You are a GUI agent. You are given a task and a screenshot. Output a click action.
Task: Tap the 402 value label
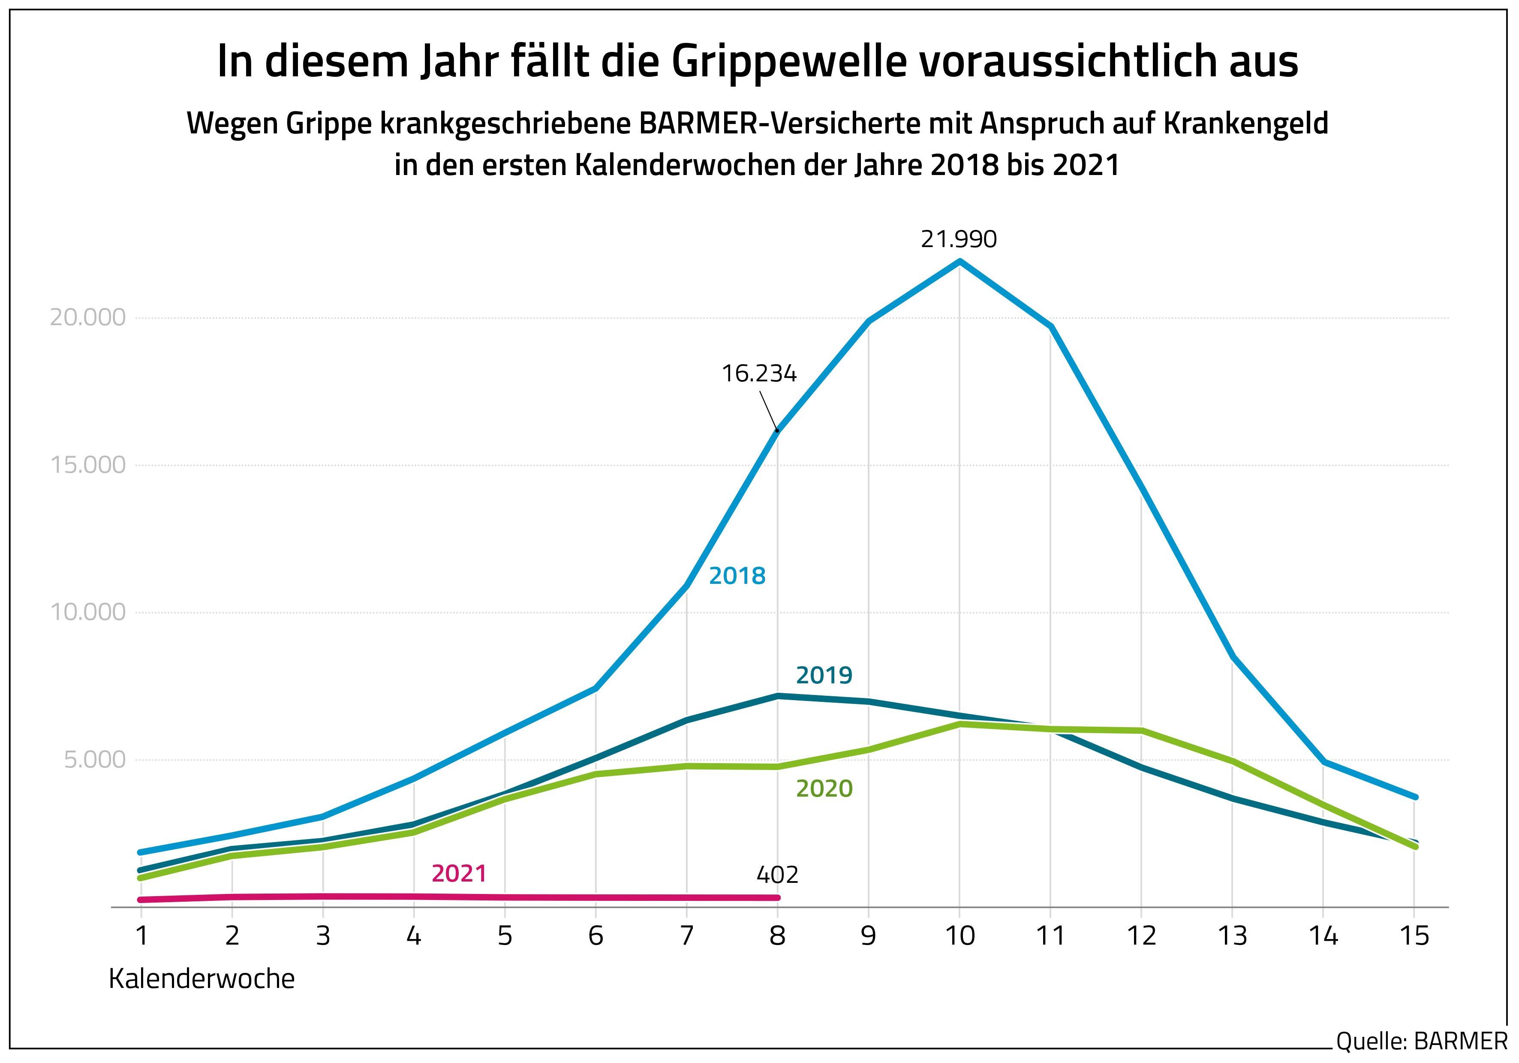click(x=777, y=875)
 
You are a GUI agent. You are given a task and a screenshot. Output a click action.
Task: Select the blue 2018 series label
click(x=737, y=576)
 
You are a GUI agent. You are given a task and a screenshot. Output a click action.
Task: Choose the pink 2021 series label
click(x=459, y=874)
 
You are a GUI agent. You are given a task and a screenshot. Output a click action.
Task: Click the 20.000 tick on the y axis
click(x=87, y=318)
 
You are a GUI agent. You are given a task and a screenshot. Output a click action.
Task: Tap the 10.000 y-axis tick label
click(x=87, y=612)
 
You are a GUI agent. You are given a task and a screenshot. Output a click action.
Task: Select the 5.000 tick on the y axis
click(x=95, y=760)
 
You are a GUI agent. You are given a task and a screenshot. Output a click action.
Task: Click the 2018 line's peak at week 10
click(x=960, y=261)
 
